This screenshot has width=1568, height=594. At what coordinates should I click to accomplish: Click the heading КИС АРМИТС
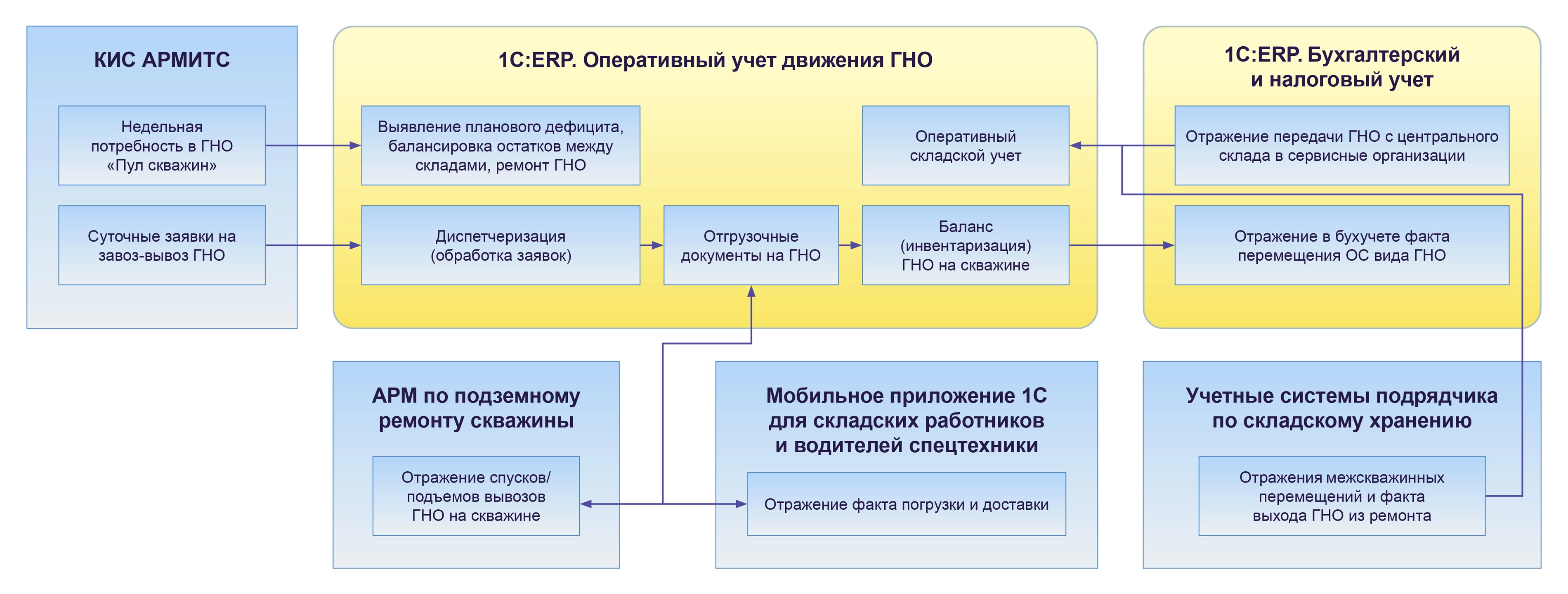(x=162, y=60)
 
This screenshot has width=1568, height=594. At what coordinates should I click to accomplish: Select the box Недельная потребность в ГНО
(x=162, y=145)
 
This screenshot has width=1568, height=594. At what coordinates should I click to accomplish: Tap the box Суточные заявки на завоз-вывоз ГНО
(x=162, y=245)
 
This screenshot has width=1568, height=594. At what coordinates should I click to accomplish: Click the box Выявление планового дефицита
(x=501, y=145)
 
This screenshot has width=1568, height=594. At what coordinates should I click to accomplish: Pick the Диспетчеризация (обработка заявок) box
(x=501, y=245)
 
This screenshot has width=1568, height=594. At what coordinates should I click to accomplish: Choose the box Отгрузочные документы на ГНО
(x=751, y=245)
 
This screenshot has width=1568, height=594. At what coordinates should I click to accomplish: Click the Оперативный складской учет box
(x=966, y=145)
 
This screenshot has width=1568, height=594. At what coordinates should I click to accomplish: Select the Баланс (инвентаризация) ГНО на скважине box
(x=966, y=245)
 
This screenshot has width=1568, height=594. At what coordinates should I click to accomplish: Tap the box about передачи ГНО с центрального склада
(x=1341, y=145)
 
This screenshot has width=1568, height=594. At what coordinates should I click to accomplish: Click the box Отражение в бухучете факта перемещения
(x=1341, y=245)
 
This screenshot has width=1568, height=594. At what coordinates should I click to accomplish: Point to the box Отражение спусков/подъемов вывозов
(x=476, y=496)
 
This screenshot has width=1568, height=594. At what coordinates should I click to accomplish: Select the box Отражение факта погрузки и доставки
(x=907, y=504)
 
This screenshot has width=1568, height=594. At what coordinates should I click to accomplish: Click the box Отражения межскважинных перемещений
(x=1341, y=496)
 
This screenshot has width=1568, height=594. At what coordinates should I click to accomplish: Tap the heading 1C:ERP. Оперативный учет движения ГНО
(x=715, y=60)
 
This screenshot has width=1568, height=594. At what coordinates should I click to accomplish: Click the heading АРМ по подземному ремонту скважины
(x=476, y=408)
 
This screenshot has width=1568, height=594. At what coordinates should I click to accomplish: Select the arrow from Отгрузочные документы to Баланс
(x=850, y=245)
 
